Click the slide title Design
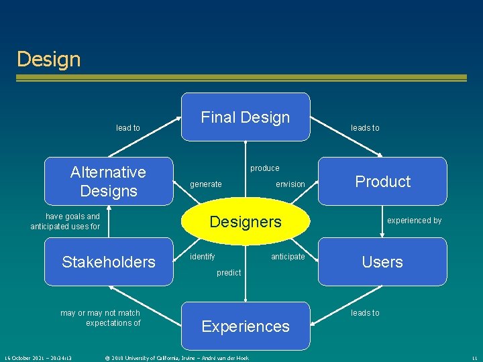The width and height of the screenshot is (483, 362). click(48, 59)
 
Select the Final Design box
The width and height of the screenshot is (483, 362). click(246, 117)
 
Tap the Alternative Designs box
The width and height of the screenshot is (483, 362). click(108, 181)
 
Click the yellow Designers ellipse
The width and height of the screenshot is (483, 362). click(246, 222)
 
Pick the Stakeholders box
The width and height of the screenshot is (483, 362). click(108, 262)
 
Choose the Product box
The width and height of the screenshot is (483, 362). click(382, 181)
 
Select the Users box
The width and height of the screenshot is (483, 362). click(382, 262)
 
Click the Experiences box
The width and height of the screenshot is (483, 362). click(246, 326)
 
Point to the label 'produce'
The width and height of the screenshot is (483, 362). click(265, 168)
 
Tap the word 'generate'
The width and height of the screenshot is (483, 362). click(206, 184)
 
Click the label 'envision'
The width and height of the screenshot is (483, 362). click(290, 184)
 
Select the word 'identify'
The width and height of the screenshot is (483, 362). click(203, 257)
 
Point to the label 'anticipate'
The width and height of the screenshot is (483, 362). click(288, 257)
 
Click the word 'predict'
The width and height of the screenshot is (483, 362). click(229, 273)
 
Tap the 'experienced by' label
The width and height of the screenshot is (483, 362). click(415, 221)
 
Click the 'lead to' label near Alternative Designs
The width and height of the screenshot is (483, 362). click(128, 128)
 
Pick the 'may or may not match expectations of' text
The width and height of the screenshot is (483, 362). click(101, 318)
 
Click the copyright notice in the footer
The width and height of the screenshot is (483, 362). click(176, 358)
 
